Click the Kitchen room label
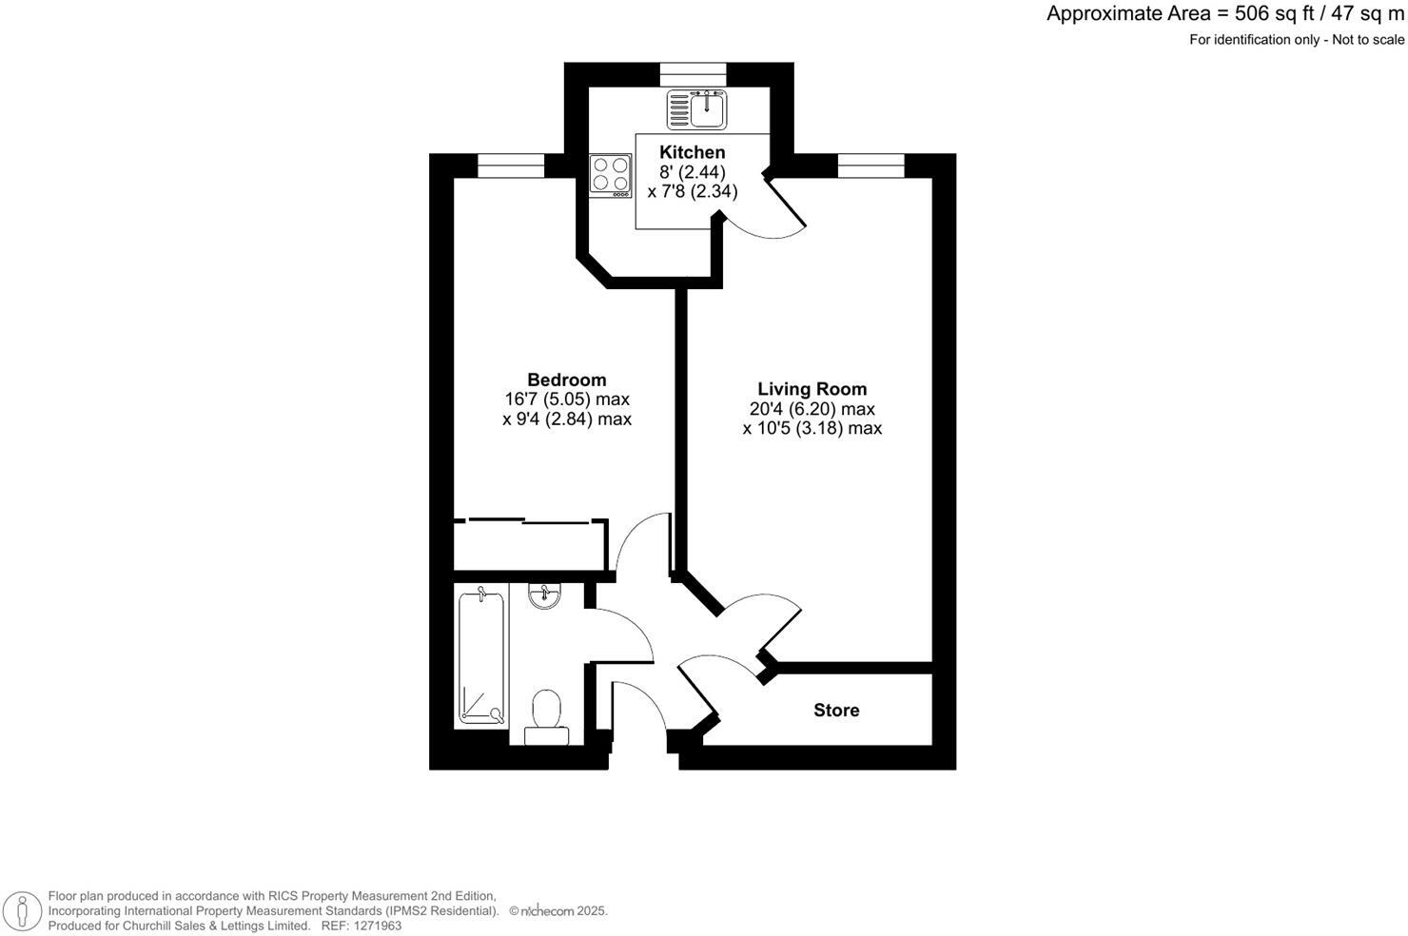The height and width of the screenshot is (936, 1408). coord(692,152)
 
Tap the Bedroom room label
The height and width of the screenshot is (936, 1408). coord(566,380)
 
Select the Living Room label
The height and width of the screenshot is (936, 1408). coord(812,389)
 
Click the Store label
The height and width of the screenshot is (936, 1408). coord(836,711)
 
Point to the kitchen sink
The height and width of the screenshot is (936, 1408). coord(696,109)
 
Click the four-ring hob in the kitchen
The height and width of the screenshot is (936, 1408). coord(611,175)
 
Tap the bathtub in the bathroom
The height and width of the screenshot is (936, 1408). coord(481,656)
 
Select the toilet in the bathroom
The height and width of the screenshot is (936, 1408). coord(546,715)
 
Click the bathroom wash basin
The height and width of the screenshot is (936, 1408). coord(544,596)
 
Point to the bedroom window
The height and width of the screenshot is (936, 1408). coord(511,166)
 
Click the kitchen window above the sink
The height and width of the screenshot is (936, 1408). coord(693,74)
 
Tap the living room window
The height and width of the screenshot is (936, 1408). coord(870,166)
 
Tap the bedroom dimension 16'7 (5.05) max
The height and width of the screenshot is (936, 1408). coord(566,400)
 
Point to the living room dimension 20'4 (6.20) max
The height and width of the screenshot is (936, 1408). coord(812,409)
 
